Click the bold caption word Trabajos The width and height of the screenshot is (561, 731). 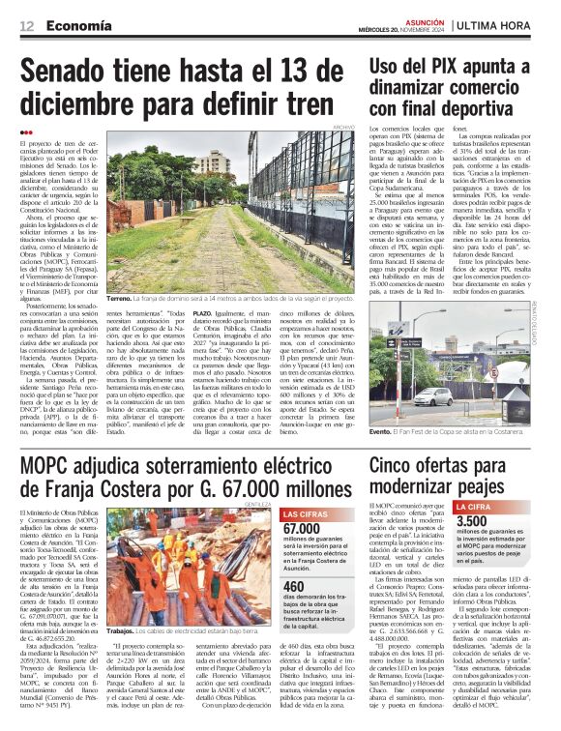pyautogui.click(x=125, y=658)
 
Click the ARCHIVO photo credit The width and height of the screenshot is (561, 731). pyautogui.click(x=343, y=127)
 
